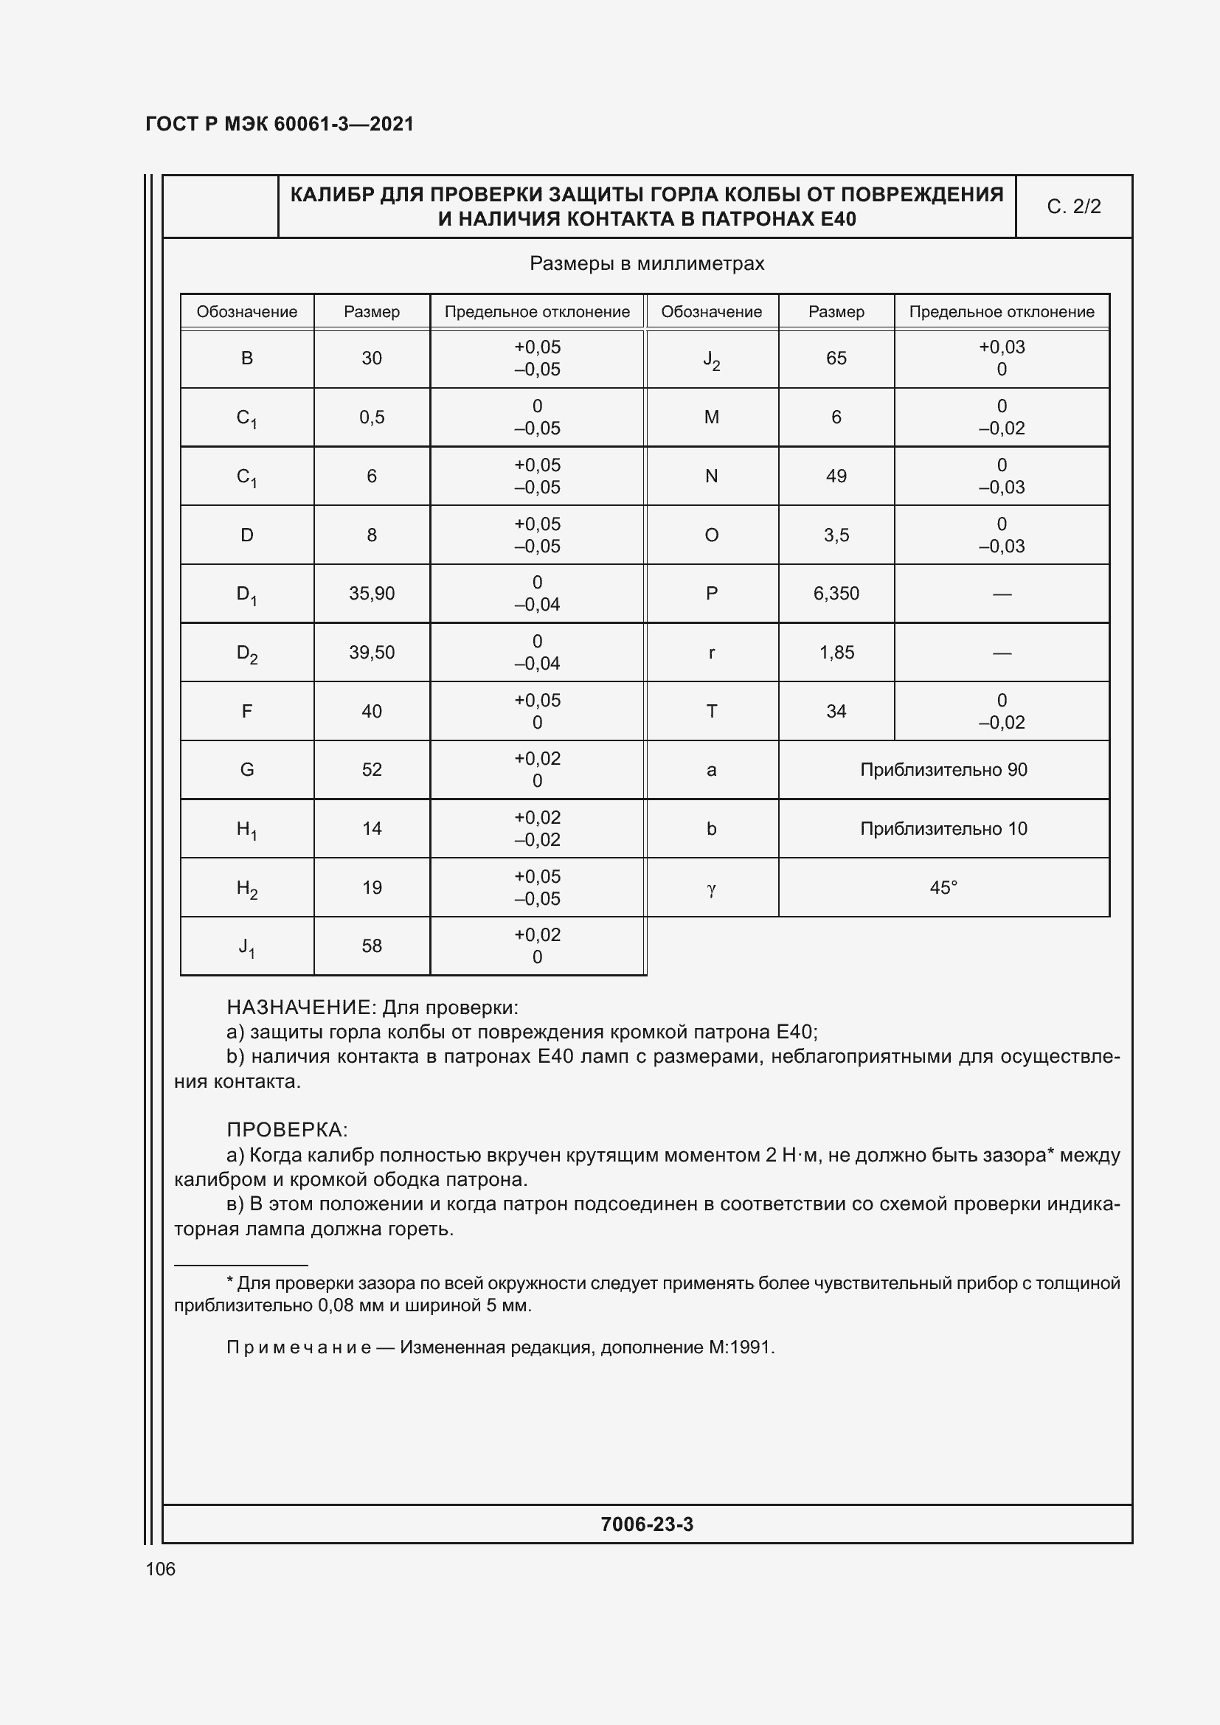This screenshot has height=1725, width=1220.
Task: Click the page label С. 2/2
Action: point(1073,206)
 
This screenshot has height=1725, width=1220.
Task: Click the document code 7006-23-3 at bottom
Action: point(647,1524)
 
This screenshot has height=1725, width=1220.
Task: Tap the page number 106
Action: point(160,1569)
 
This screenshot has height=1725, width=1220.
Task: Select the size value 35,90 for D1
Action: point(372,594)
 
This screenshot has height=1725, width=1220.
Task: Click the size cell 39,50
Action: point(372,652)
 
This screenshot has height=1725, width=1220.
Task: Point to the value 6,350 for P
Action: point(836,594)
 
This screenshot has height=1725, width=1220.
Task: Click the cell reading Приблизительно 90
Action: point(943,769)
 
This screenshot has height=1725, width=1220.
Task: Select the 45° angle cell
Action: point(943,887)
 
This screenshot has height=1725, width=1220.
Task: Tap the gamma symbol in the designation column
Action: point(711,889)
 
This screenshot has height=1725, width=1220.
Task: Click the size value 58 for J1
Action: point(372,946)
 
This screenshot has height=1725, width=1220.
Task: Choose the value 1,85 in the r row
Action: point(836,652)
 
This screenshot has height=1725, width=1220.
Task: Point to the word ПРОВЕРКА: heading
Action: point(287,1130)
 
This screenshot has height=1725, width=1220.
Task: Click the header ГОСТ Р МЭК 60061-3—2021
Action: point(280,124)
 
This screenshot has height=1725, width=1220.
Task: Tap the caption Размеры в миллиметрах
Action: point(647,264)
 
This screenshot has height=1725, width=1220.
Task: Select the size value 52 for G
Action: point(372,769)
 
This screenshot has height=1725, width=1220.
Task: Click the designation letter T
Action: point(711,712)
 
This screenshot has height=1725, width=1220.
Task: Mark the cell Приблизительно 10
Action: point(943,829)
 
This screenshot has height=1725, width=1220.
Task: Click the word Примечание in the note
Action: point(299,1347)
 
